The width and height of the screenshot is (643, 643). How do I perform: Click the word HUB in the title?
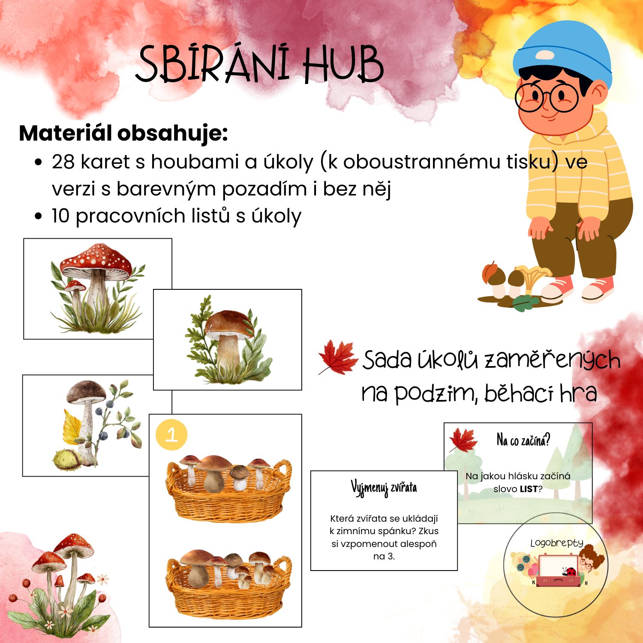[343, 64]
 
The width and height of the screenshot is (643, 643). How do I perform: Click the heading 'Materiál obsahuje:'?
[123, 133]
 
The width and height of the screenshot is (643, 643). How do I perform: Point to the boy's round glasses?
[547, 97]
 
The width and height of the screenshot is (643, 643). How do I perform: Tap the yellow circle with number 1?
[171, 435]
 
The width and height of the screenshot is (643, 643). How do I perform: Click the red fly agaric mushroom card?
[98, 288]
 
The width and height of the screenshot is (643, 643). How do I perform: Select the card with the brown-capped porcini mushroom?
[228, 340]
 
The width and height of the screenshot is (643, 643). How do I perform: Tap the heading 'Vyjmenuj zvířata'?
[384, 488]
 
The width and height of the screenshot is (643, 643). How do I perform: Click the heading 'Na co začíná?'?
[523, 440]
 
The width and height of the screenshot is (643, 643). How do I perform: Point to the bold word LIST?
[529, 489]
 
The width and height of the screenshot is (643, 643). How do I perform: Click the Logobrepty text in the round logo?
[557, 543]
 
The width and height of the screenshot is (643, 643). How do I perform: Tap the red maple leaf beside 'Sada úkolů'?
[338, 357]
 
